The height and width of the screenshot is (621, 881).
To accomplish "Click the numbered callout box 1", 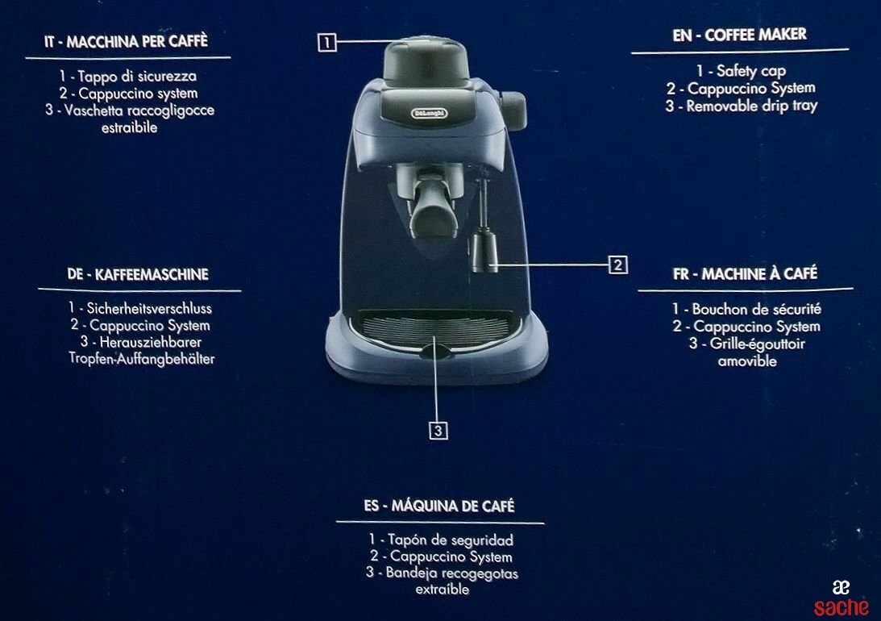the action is tap(327, 43).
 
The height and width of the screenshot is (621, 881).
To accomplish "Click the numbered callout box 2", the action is tap(618, 265).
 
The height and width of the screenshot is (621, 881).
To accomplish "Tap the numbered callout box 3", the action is tap(438, 431).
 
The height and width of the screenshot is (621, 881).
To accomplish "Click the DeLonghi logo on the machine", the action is tap(429, 114).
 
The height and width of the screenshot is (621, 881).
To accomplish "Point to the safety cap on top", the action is tap(426, 60).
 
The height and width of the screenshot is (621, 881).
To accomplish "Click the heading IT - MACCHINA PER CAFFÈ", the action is tap(127, 42).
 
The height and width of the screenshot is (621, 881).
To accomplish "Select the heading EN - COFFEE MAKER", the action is tap(739, 35).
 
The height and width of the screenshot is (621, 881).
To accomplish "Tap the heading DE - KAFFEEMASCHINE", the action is tap(138, 275).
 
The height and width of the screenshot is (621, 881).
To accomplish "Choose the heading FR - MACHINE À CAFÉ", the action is tap(745, 274).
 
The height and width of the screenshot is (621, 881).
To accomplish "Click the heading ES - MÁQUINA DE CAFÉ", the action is tap(439, 506).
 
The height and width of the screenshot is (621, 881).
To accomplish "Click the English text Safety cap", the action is tap(751, 71).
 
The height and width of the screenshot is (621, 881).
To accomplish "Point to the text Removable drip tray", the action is tap(752, 106).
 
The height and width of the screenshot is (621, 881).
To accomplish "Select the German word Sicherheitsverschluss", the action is tap(149, 309).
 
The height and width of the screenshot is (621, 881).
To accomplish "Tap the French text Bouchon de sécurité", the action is tap(757, 309).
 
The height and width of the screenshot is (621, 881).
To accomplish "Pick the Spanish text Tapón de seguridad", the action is tap(451, 540).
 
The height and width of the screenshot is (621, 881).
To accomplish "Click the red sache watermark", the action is tap(842, 607).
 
